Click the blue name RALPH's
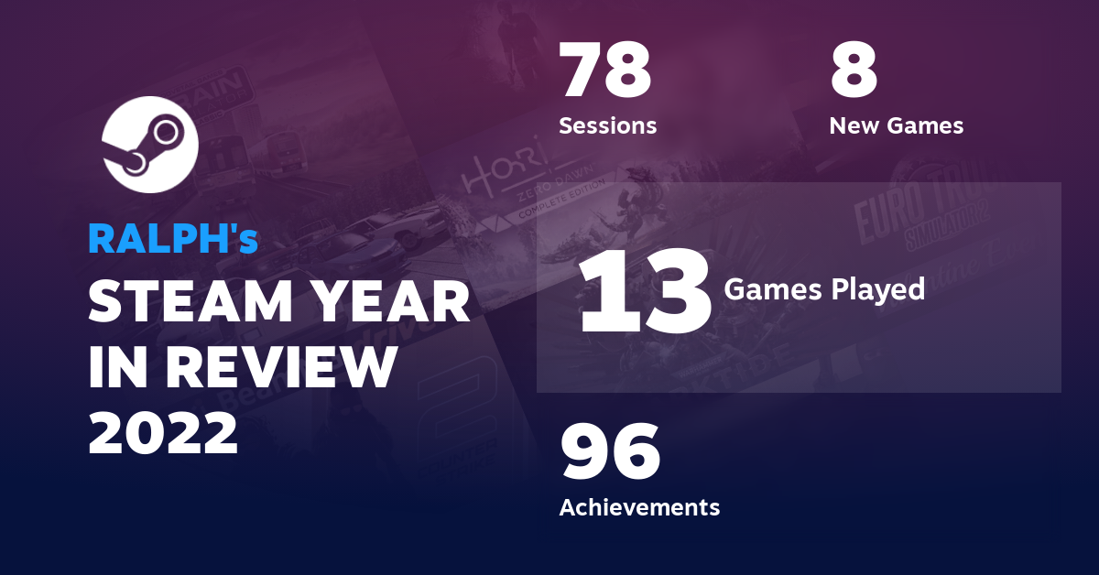(173, 239)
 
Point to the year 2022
(163, 433)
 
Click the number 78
(605, 71)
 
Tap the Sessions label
(607, 125)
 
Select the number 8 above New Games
(854, 71)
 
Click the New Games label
(896, 125)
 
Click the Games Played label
(824, 290)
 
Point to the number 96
(610, 452)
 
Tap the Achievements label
(639, 506)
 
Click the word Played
(881, 290)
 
